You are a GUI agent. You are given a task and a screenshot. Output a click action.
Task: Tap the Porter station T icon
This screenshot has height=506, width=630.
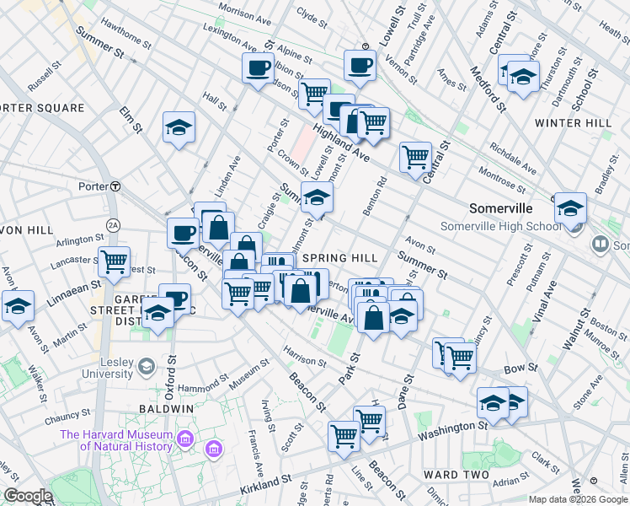115,186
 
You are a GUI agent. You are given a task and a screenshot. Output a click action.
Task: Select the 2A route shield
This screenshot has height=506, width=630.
113,225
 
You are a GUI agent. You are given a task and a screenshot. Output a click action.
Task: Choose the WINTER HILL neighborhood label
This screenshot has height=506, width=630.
574,123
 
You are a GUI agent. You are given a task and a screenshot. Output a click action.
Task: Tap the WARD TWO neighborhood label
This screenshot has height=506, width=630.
456,475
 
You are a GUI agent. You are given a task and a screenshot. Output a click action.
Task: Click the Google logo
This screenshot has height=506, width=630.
27,496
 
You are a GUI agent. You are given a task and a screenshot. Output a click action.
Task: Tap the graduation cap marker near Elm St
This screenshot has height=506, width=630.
179,127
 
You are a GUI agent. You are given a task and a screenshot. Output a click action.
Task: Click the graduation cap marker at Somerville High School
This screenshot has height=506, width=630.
570,207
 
